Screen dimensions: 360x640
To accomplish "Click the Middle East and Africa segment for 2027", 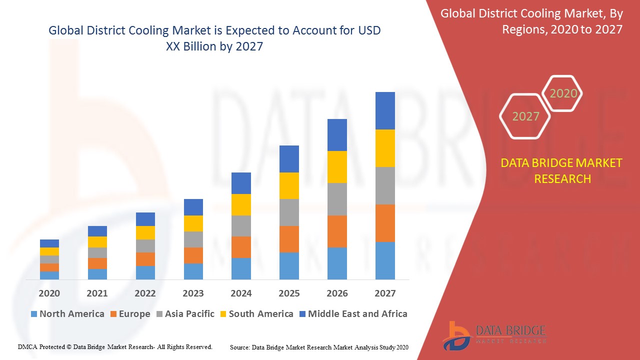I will [x=385, y=110].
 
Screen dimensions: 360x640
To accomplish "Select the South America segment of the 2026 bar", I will [x=337, y=167].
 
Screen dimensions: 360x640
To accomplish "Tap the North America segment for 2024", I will [x=241, y=268].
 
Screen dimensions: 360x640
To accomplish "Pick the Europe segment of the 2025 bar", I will [x=289, y=239].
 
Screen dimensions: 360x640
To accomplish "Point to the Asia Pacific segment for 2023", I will [x=193, y=239].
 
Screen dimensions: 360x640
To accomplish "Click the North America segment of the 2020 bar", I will [x=49, y=275].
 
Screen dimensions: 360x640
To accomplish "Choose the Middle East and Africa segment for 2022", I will [x=145, y=219].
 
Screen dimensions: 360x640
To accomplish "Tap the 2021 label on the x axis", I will [x=97, y=293].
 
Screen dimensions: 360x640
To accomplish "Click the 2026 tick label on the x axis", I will [x=337, y=293].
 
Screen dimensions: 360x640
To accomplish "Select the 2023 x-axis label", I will [x=193, y=293].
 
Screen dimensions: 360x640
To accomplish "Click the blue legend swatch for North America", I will [x=34, y=314].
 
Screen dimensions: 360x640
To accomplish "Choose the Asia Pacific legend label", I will [x=189, y=314].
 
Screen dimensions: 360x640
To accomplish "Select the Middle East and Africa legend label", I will [x=357, y=314].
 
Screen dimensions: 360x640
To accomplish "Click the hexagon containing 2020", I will [x=563, y=93].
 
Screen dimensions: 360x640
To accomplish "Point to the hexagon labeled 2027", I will [x=525, y=116].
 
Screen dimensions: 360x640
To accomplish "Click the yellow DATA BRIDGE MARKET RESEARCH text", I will [x=562, y=170].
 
